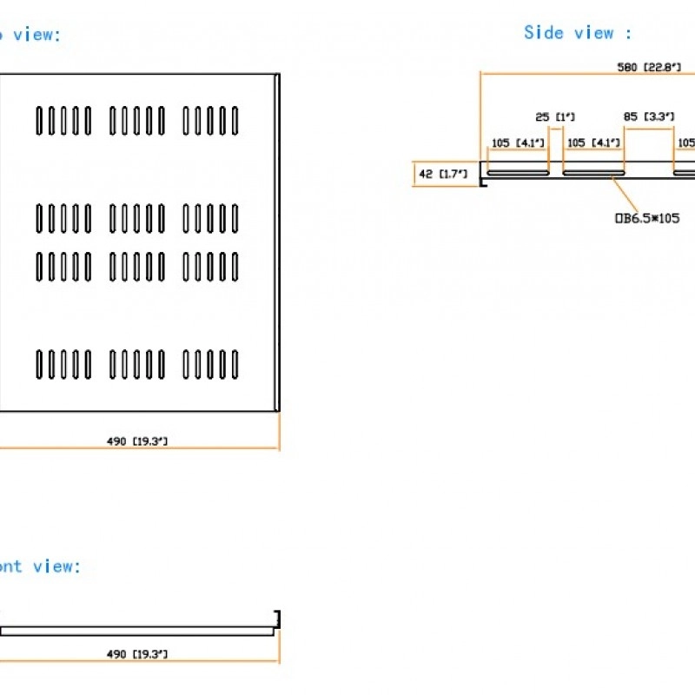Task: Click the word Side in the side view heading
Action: [544, 33]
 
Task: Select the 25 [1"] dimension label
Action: [554, 116]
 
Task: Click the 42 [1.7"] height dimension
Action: [442, 175]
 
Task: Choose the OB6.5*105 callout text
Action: [647, 218]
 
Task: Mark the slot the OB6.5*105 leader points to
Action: [593, 173]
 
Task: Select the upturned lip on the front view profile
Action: [277, 618]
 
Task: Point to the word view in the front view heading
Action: [56, 566]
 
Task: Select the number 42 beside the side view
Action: [426, 175]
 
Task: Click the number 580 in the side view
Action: [628, 67]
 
